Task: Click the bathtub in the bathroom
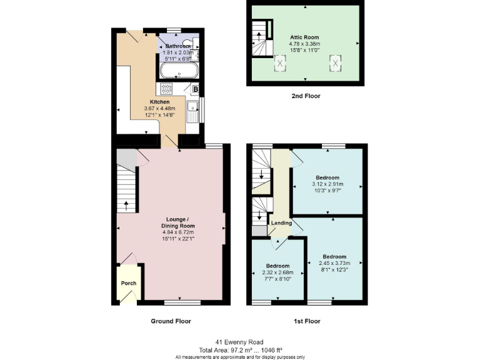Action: pyautogui.click(x=179, y=71)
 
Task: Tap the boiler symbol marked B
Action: pyautogui.click(x=195, y=89)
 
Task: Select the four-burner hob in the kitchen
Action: pyautogui.click(x=167, y=88)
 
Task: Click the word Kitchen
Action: pyautogui.click(x=159, y=102)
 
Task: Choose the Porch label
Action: pyautogui.click(x=129, y=283)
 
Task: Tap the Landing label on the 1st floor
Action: pyautogui.click(x=281, y=222)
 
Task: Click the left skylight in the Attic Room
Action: pyautogui.click(x=280, y=62)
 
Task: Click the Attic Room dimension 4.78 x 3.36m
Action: pyautogui.click(x=304, y=44)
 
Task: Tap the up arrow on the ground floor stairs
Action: pyautogui.click(x=127, y=204)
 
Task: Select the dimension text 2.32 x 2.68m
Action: pyautogui.click(x=277, y=272)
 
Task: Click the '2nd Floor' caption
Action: pyautogui.click(x=306, y=96)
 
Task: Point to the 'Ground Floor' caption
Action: pyautogui.click(x=171, y=321)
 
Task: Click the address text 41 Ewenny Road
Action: pyautogui.click(x=240, y=342)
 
